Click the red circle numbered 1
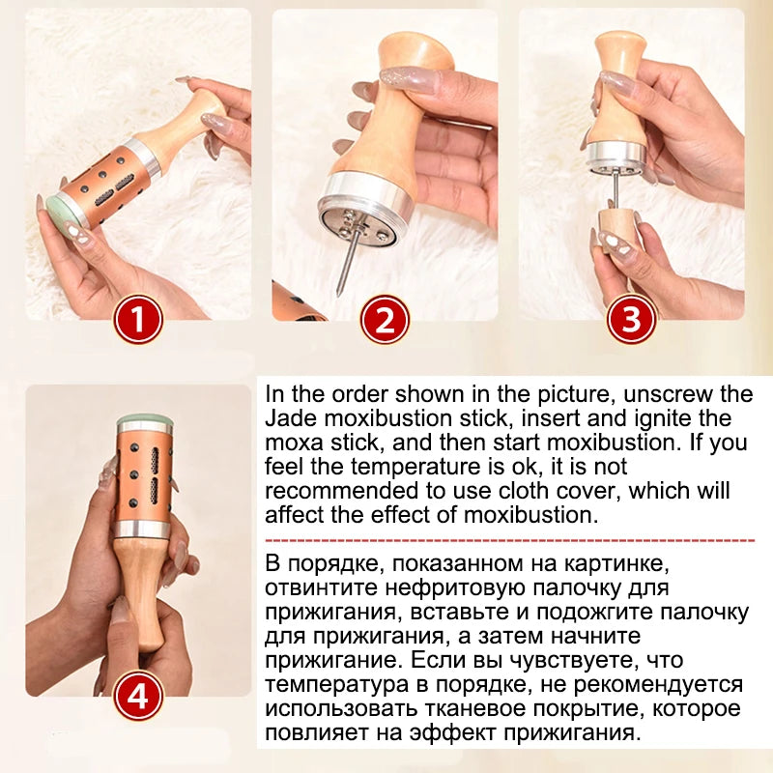(138, 319)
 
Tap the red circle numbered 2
(385, 319)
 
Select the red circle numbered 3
(631, 319)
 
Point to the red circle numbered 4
(138, 696)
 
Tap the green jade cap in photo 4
(144, 420)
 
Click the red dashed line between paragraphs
(510, 540)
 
